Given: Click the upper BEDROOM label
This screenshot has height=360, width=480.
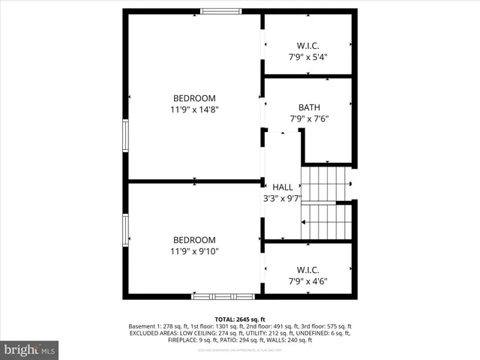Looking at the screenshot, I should [194, 98].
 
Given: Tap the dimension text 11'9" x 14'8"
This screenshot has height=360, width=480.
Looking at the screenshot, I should [194, 109].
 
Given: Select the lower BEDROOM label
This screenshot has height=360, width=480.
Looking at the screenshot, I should [194, 240].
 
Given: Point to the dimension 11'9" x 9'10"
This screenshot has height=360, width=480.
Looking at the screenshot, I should [194, 251].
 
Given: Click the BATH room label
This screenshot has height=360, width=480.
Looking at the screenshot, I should [309, 107].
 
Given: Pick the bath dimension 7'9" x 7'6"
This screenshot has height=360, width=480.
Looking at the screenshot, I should [309, 118].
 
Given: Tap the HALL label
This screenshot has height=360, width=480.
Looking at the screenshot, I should [283, 187].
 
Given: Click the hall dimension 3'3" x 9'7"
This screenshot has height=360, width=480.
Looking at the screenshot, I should [282, 199].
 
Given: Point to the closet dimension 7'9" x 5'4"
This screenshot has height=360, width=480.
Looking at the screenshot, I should [309, 57].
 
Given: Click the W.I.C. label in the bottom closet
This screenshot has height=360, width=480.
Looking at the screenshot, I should [309, 270].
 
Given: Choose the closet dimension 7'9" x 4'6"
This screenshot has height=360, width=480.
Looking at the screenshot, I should [309, 281].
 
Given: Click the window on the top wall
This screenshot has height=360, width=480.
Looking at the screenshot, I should [221, 11].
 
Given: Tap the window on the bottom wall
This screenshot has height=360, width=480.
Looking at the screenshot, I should [212, 296].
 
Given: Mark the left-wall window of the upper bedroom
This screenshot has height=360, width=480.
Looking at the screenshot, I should [125, 136].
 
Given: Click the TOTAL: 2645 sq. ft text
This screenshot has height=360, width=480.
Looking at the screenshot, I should [240, 319].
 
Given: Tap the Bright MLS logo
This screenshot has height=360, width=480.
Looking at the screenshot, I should [30, 349].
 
